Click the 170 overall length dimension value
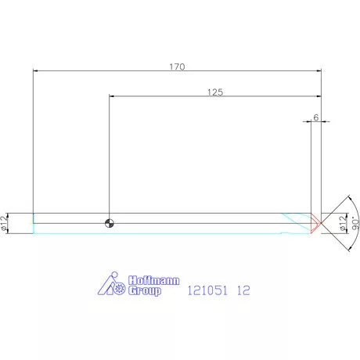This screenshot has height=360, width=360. (x=177, y=67)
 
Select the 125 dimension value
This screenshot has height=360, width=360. (x=215, y=92)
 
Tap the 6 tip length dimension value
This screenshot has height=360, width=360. (x=316, y=117)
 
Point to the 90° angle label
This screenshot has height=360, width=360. (x=355, y=223)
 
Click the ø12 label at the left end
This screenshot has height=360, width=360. (x=5, y=223)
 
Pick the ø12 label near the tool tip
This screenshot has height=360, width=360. (x=344, y=223)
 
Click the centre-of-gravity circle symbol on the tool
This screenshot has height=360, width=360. (x=110, y=223)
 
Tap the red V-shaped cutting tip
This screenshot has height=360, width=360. (x=316, y=223)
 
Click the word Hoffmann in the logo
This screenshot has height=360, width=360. (x=154, y=280)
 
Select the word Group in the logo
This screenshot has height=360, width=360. (x=145, y=290)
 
